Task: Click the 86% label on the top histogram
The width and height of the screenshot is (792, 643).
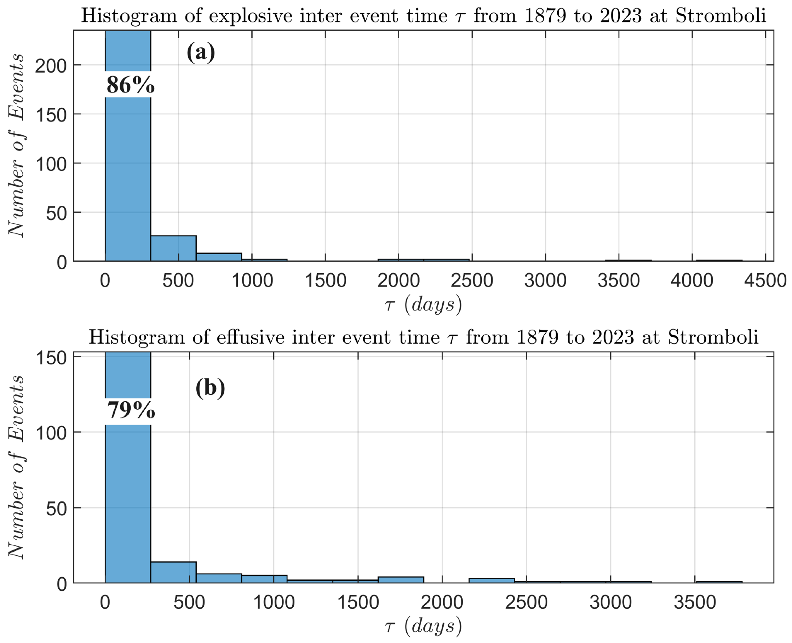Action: (x=130, y=85)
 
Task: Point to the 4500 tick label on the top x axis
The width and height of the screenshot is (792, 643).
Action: (x=765, y=280)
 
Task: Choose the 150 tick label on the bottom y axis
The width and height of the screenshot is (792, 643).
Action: (x=51, y=358)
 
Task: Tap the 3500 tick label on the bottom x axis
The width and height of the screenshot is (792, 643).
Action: (x=695, y=602)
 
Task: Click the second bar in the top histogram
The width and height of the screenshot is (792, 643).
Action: (x=173, y=248)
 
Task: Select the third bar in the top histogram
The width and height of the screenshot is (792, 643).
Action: (x=219, y=257)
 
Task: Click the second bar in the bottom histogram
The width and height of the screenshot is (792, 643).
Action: (x=173, y=572)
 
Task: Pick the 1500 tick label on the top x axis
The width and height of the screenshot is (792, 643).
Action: (x=325, y=280)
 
